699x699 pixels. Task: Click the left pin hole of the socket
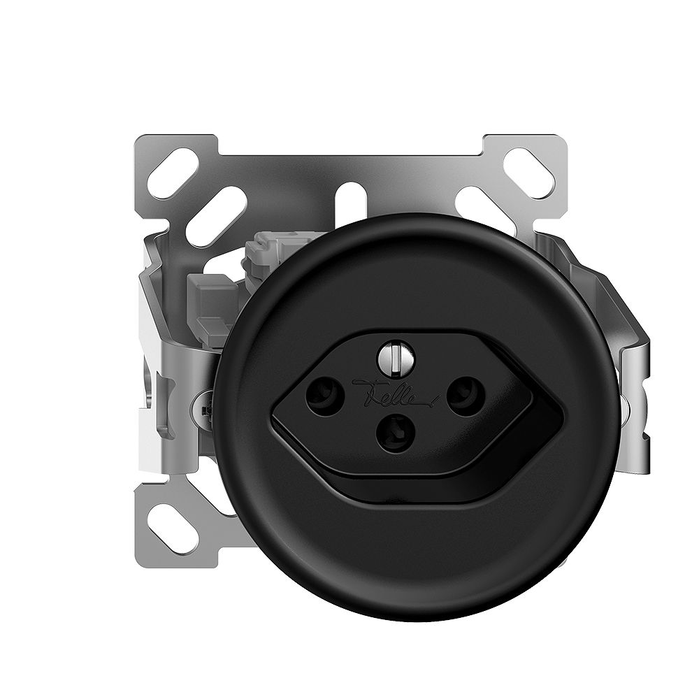coord(322,396)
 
